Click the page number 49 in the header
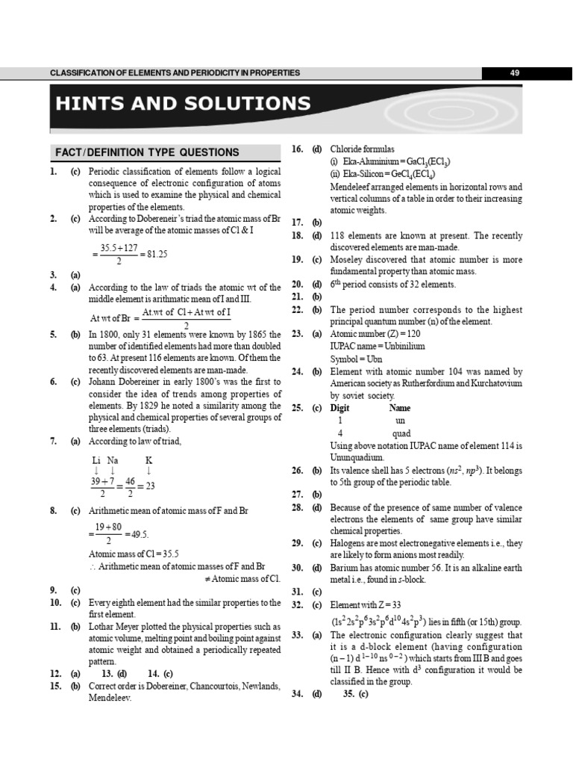[514, 72]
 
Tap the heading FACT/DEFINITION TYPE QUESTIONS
[147, 152]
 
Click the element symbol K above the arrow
[148, 460]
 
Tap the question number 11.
[55, 626]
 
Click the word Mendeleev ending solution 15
[110, 698]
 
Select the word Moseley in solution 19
[347, 260]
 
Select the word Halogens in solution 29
[348, 543]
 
